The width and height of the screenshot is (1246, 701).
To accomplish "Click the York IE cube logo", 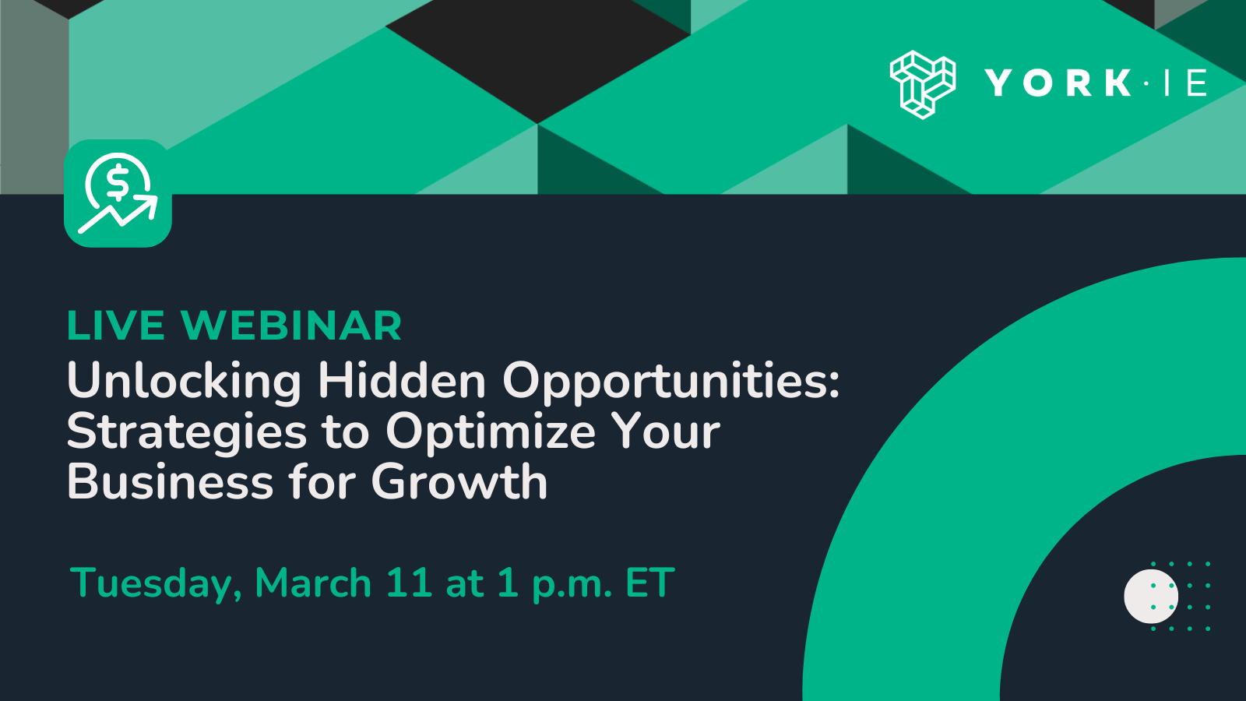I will [922, 84].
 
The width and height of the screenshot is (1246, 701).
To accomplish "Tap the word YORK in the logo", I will [1058, 83].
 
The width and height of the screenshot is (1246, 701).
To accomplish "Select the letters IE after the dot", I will [1185, 83].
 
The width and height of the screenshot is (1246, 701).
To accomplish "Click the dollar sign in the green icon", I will [118, 184].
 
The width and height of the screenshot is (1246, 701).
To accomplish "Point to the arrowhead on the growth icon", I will [148, 205].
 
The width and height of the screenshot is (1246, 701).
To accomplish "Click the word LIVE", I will [116, 326].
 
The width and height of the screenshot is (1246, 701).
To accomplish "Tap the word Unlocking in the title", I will [184, 381].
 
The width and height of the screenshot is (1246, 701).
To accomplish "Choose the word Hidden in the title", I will [402, 381].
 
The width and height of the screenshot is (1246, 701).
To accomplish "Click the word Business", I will [170, 482].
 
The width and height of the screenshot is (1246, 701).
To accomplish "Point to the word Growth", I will [459, 482].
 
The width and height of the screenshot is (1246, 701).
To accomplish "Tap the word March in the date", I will [313, 583].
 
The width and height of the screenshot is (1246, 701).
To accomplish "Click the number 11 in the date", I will [409, 583].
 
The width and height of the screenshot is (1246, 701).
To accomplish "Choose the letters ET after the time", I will [649, 583].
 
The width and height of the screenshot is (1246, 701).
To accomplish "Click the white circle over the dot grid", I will [1150, 597].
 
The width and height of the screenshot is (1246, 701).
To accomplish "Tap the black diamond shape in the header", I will [537, 58].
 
